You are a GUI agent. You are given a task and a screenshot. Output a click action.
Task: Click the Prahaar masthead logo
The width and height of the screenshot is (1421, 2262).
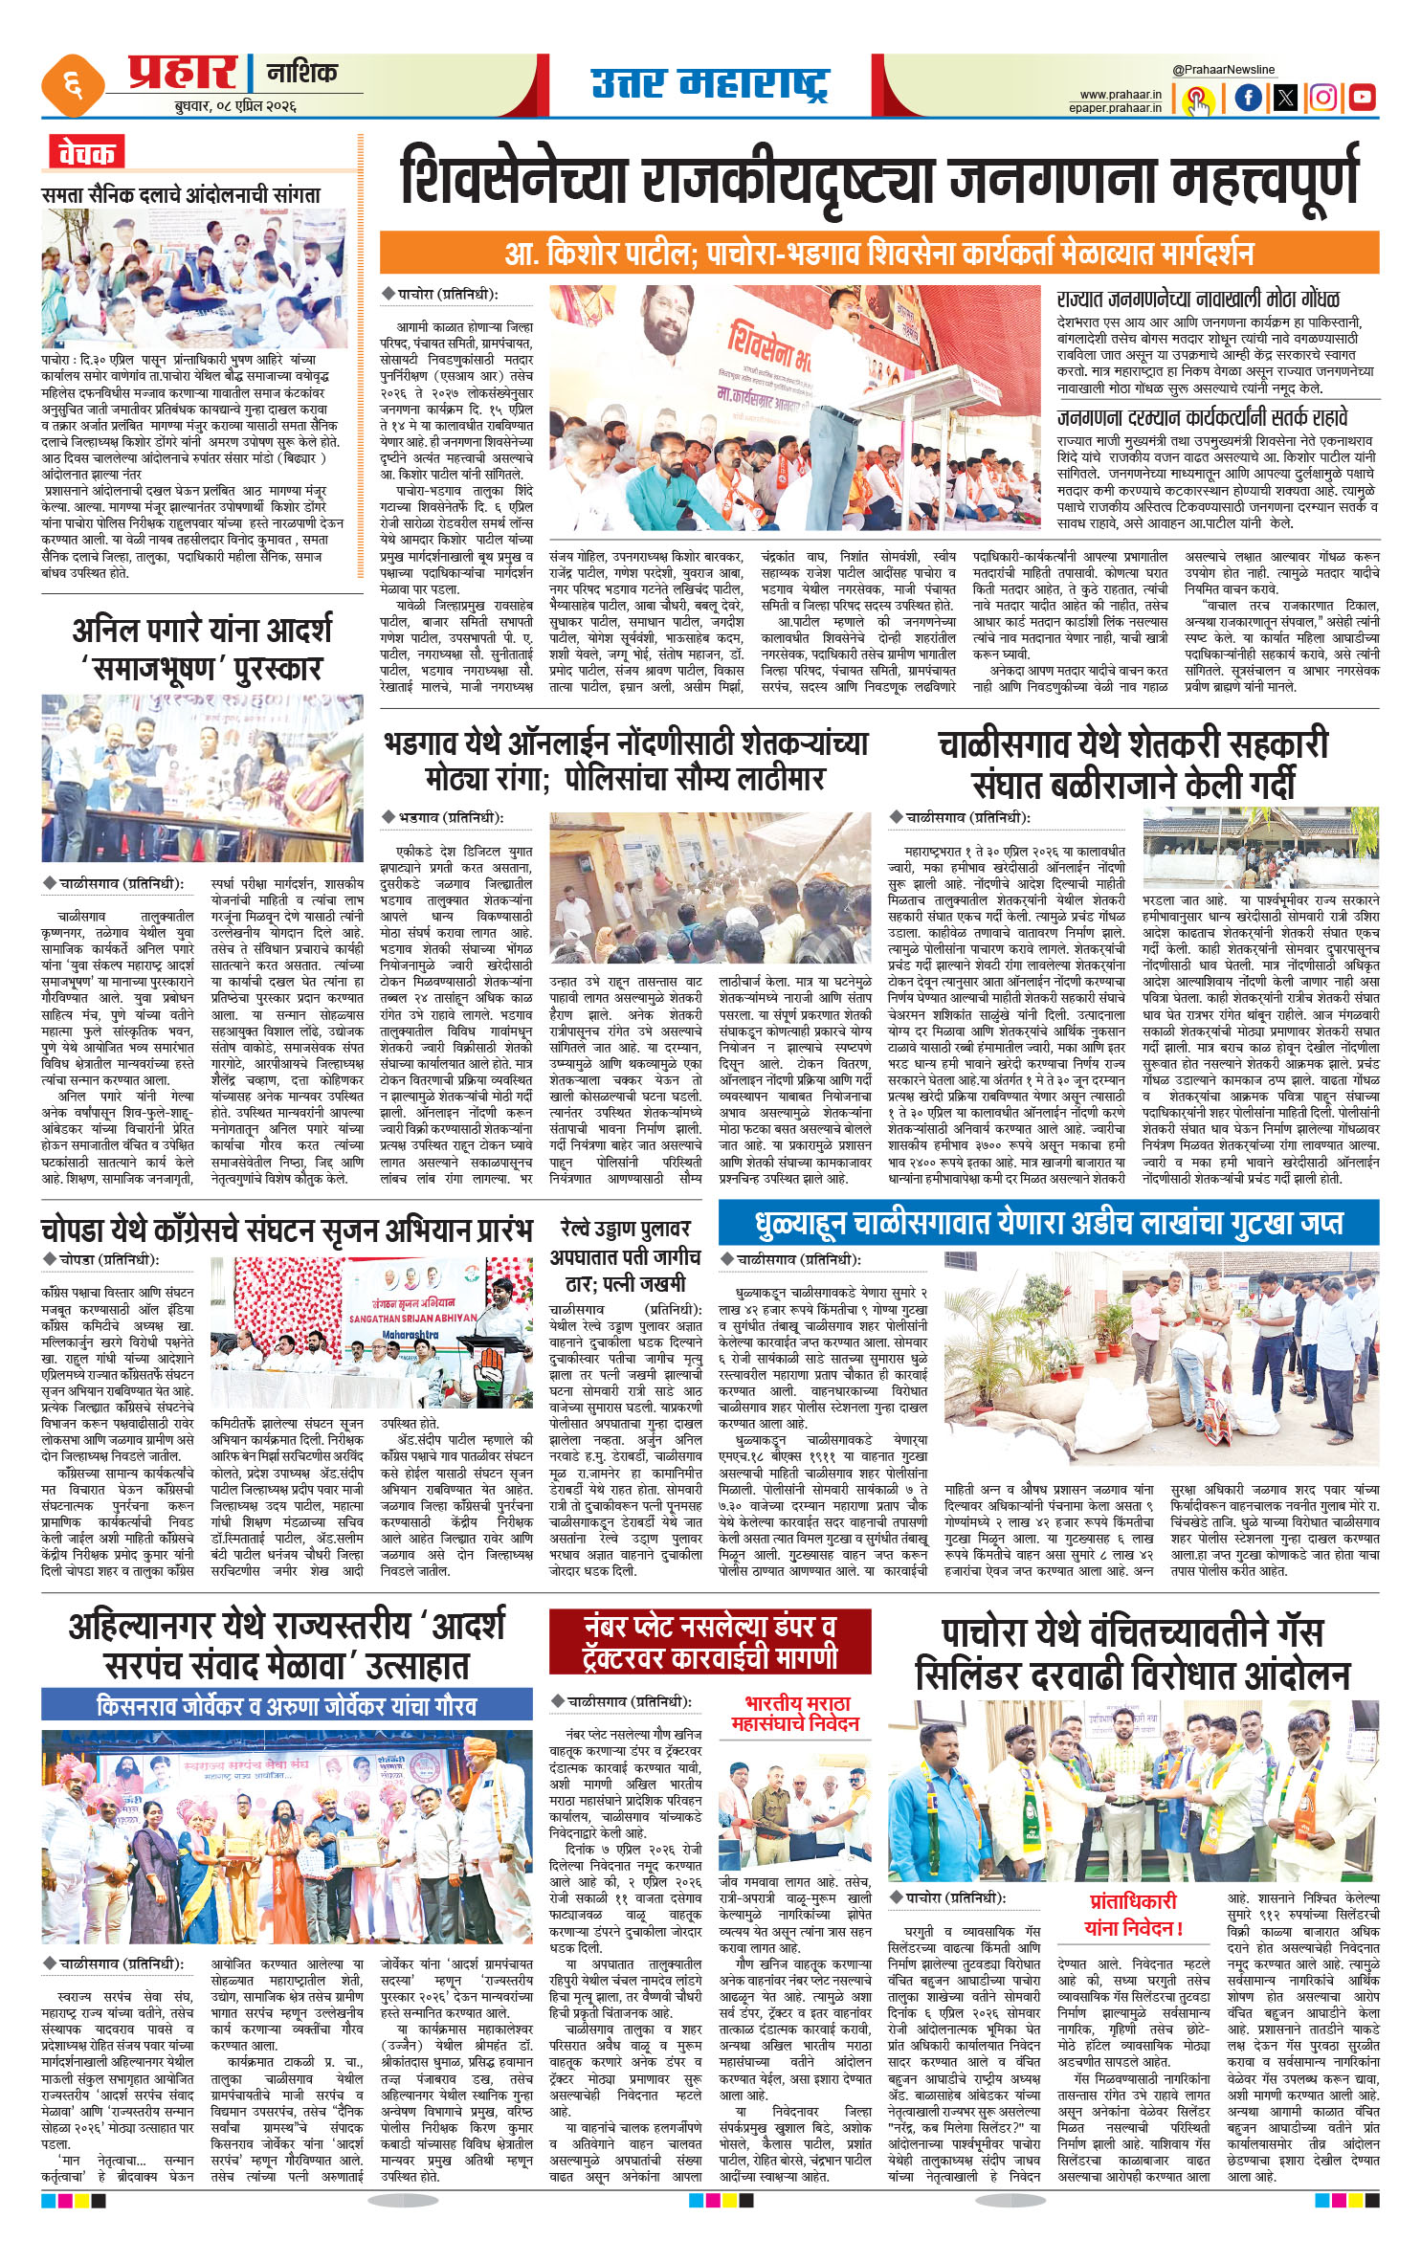tap(182, 74)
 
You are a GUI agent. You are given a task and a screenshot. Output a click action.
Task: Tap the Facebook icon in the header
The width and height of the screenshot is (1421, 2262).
tap(1247, 98)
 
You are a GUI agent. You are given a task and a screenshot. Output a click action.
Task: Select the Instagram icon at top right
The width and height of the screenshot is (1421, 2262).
tap(1322, 98)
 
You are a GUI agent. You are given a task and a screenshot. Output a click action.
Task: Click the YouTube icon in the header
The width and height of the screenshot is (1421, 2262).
tap(1362, 98)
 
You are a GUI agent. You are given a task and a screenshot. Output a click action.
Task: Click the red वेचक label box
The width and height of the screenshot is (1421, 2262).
tap(87, 152)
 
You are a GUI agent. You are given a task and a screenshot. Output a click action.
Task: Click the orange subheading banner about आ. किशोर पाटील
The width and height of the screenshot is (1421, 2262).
tap(878, 254)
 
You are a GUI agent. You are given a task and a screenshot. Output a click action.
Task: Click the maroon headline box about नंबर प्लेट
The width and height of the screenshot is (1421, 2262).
tap(710, 1642)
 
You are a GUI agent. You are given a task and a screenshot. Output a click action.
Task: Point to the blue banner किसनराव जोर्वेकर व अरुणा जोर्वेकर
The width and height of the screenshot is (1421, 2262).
tap(286, 1705)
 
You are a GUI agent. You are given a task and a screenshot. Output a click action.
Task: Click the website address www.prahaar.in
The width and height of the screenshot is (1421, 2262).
tap(1121, 95)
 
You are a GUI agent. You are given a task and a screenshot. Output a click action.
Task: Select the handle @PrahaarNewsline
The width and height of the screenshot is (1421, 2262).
tap(1223, 70)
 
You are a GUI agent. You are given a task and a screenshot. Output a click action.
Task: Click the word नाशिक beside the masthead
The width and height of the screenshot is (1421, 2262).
tap(302, 73)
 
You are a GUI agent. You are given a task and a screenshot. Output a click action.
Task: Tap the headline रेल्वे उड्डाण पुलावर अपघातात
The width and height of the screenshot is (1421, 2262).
tap(624, 1255)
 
